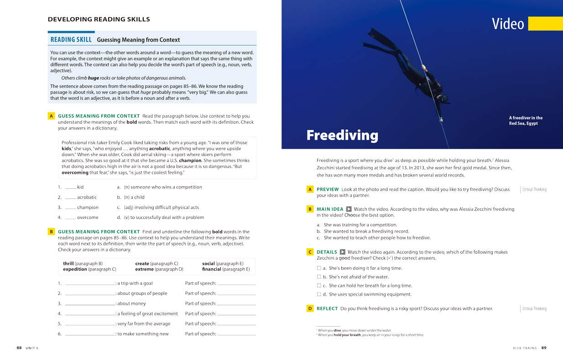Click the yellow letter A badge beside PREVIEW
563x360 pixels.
pyautogui.click(x=310, y=189)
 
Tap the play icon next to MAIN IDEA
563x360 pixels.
pyautogui.click(x=349, y=209)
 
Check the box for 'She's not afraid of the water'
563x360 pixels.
pyautogui.click(x=319, y=277)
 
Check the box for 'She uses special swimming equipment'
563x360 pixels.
pyautogui.click(x=319, y=294)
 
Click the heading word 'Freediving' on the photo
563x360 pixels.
pyautogui.click(x=342, y=135)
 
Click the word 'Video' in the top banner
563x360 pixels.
pyautogui.click(x=508, y=24)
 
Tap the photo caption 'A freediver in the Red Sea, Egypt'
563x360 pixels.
pyautogui.click(x=526, y=120)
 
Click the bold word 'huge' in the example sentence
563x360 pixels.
pyautogui.click(x=94, y=78)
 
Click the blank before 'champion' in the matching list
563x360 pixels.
pyautogui.click(x=70, y=208)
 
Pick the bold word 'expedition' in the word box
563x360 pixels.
pyautogui.click(x=75, y=269)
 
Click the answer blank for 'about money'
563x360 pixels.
pyautogui.click(x=90, y=304)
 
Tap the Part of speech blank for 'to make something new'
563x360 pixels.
pyautogui.click(x=236, y=334)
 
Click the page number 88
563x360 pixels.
pyautogui.click(x=19, y=348)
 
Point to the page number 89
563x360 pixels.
pyautogui.click(x=543, y=348)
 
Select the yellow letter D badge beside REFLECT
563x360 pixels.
pyautogui.click(x=310, y=309)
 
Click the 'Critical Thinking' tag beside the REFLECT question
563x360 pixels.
pyautogui.click(x=534, y=309)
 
